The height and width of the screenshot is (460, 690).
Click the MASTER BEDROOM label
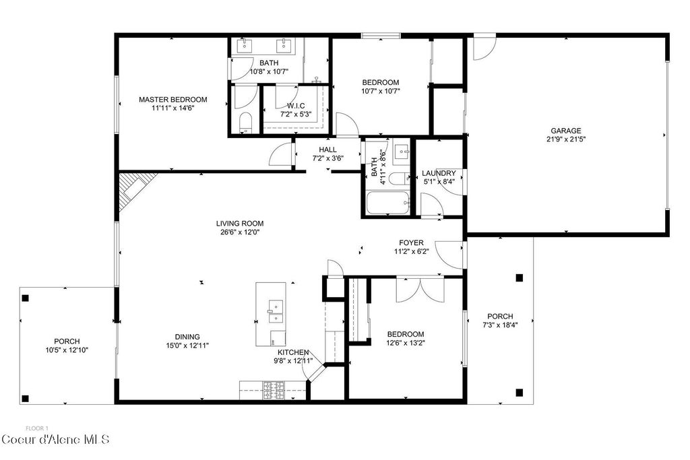click(x=172, y=100)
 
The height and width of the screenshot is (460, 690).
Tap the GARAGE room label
click(x=565, y=131)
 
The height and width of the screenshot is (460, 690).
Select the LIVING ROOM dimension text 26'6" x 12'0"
click(x=239, y=232)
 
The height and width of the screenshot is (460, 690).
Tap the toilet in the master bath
click(x=245, y=123)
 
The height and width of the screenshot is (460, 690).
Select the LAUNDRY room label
click(x=439, y=173)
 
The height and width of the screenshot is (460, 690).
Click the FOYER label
click(x=411, y=242)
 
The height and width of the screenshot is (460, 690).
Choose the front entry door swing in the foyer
click(x=448, y=254)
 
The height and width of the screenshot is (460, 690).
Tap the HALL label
click(x=327, y=150)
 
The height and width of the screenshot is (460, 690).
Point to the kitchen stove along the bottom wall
click(x=273, y=391)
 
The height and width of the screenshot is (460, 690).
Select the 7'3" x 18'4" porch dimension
click(x=500, y=325)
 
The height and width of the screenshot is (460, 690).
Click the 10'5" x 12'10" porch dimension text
click(x=66, y=350)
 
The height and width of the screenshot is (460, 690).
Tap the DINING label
click(x=187, y=337)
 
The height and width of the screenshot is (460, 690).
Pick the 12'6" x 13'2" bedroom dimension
click(x=405, y=343)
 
